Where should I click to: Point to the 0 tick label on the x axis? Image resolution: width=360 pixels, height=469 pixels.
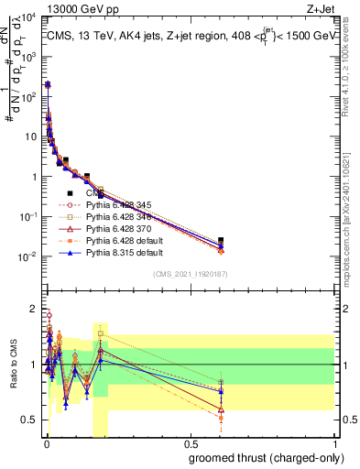pos(46,442)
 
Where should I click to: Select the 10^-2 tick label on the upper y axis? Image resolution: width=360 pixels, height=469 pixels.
pos(28,256)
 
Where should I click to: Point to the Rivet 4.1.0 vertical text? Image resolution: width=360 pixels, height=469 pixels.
pos(353,64)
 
